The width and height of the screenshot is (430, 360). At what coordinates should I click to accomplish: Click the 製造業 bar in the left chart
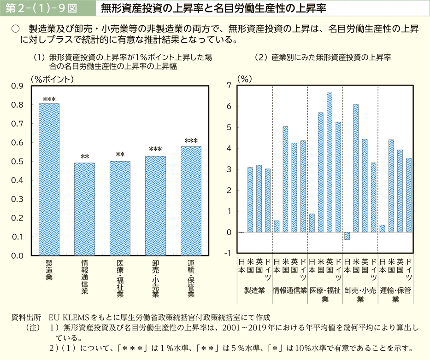[x=49, y=180]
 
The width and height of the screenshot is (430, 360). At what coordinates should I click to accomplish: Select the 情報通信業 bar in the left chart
[x=84, y=209]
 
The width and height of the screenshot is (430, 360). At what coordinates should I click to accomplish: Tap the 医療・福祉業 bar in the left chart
[x=120, y=208]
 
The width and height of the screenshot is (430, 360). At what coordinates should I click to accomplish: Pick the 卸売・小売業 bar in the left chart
[x=155, y=206]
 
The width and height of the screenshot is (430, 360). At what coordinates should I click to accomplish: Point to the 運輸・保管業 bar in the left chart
[x=191, y=201]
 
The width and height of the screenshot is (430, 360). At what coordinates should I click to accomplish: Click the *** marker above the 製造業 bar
[x=49, y=99]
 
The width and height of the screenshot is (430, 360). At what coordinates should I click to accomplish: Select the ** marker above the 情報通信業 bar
[x=84, y=157]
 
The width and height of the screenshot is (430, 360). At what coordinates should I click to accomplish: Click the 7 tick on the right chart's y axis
[x=229, y=86]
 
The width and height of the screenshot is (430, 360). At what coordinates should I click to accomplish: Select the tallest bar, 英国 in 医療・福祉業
[x=330, y=163]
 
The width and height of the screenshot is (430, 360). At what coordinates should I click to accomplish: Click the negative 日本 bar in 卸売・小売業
[x=347, y=236]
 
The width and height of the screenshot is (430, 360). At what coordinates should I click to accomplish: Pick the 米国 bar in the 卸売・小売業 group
[x=356, y=168]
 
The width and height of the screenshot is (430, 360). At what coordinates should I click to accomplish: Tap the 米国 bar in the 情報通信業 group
[x=285, y=180]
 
